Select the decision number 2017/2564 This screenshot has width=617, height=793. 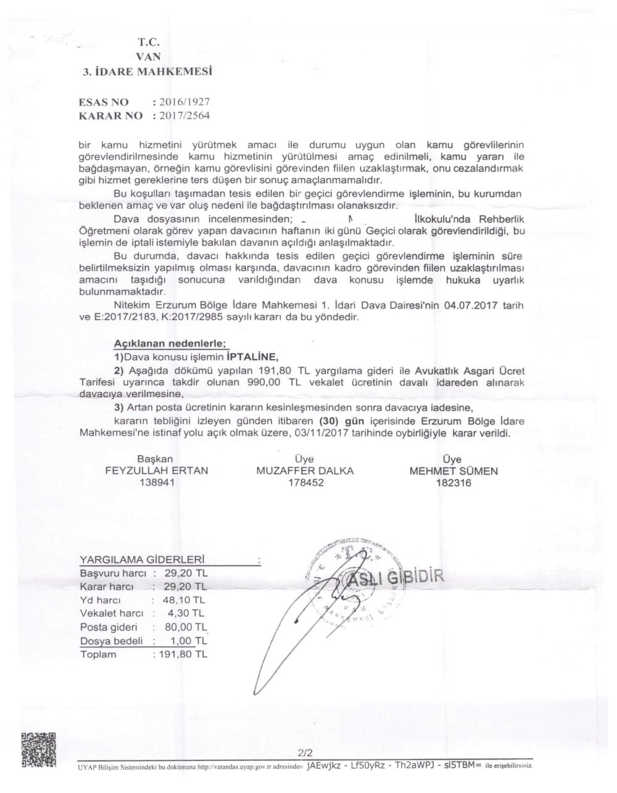coord(188,115)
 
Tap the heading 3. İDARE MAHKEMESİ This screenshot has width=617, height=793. coord(148,72)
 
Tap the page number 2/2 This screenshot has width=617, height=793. coord(305,753)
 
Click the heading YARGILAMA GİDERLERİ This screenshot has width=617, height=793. coord(142,560)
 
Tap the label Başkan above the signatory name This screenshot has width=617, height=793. coord(154,459)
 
